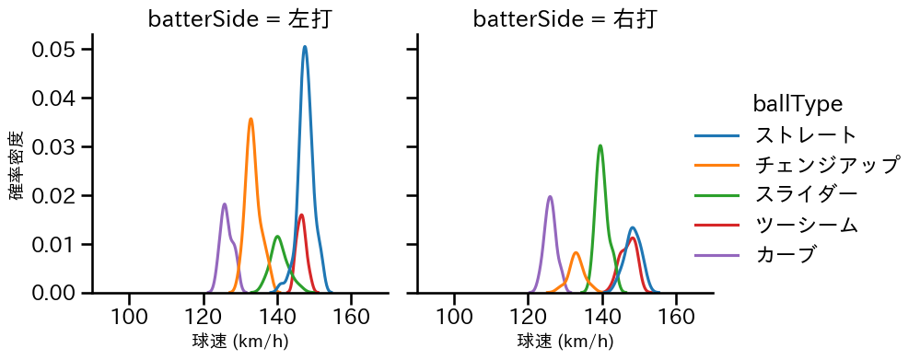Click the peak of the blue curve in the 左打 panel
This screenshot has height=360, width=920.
pos(305,46)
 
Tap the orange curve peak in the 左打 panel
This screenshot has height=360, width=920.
pos(250,119)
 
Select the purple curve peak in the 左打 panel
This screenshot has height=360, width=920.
pos(225,204)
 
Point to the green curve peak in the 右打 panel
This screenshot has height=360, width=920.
pos(600,145)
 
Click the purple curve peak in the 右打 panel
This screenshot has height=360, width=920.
pos(550,196)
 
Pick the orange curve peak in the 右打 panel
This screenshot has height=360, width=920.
pos(576,252)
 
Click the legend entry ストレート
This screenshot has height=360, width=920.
pos(806,135)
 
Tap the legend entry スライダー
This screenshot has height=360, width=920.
pos(806,194)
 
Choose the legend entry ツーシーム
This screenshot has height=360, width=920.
pos(806,224)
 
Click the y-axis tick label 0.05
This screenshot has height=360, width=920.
pos(53,49)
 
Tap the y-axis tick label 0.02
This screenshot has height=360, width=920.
pos(53,195)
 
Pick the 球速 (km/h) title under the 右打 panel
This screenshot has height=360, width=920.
pos(565,343)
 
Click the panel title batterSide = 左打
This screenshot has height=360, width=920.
pos(239,19)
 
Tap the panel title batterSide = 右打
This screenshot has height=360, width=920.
pos(565,19)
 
